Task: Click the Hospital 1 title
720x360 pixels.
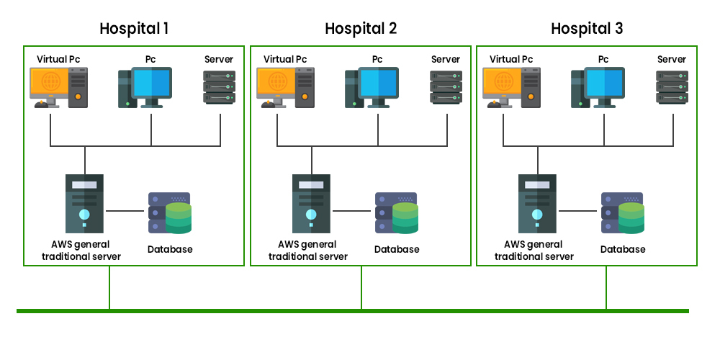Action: click(135, 29)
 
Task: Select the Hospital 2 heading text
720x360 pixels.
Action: click(361, 29)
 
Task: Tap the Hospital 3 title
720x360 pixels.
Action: click(587, 29)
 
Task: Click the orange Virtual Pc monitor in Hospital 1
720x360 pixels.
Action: click(50, 83)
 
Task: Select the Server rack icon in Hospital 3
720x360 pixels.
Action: click(672, 87)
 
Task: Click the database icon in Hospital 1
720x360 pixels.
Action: click(170, 212)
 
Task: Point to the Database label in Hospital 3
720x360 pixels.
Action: click(623, 249)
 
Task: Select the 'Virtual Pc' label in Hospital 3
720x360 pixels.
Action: click(511, 59)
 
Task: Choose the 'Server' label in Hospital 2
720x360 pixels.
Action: click(445, 59)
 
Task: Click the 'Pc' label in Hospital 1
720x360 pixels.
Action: click(150, 59)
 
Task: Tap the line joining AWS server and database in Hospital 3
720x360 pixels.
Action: click(580, 211)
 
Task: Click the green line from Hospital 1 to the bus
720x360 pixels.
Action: click(109, 288)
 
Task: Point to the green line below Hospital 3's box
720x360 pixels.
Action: click(606, 288)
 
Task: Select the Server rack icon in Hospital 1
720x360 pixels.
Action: click(219, 87)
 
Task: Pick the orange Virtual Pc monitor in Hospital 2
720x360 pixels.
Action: click(277, 83)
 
